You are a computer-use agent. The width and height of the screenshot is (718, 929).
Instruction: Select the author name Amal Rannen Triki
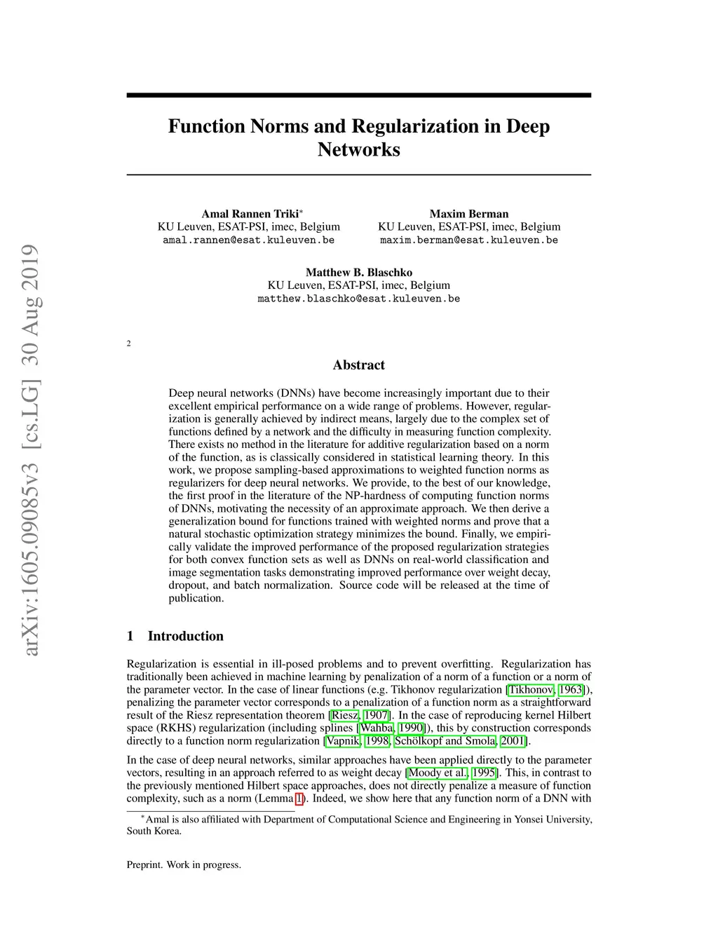(x=250, y=214)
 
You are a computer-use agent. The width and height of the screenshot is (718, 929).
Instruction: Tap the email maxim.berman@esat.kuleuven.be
(x=469, y=240)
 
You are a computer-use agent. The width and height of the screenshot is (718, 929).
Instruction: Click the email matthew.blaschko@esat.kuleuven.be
(x=359, y=298)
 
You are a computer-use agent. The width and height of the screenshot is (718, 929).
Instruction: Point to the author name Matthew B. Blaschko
(x=359, y=272)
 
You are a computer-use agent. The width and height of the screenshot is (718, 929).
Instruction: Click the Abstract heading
(x=359, y=365)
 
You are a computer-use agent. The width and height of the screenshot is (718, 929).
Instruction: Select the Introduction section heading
(x=185, y=636)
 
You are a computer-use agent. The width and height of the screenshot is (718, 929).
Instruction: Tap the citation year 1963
(x=570, y=689)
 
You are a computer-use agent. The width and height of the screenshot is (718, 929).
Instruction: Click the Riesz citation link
(x=344, y=715)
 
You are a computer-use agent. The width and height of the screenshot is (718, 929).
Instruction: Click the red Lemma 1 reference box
(x=300, y=798)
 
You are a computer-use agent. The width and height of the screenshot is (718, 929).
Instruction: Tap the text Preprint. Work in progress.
(x=184, y=864)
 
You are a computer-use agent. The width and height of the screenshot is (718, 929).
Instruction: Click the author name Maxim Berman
(x=469, y=214)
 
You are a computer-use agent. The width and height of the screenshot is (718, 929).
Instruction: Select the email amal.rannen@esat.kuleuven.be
(x=248, y=240)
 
